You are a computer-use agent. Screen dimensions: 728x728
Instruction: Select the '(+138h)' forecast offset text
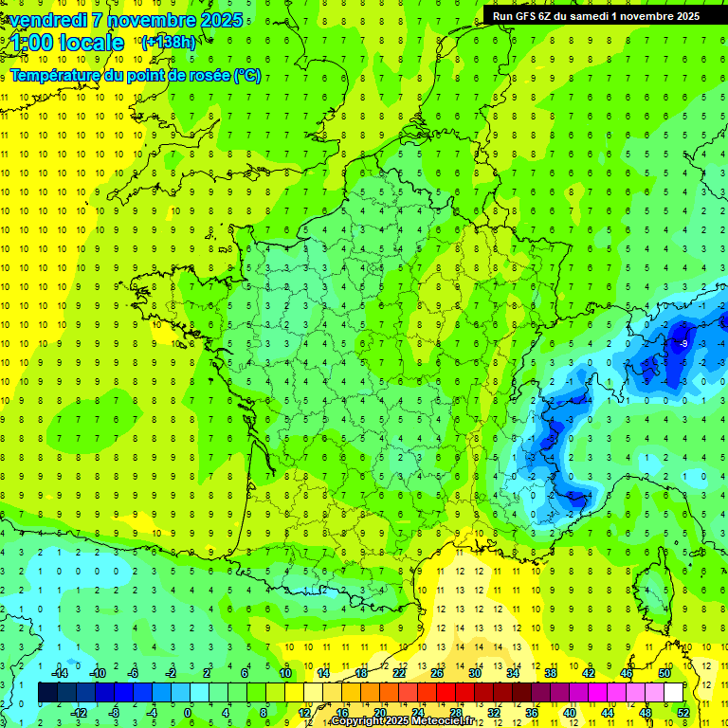168,42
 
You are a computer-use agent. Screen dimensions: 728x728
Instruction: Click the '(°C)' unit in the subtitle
247,76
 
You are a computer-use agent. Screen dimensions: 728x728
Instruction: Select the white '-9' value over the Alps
682,343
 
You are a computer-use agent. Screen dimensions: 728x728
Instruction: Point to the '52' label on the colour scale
683,713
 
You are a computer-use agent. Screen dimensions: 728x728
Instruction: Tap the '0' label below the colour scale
188,713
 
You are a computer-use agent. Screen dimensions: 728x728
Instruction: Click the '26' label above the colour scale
437,673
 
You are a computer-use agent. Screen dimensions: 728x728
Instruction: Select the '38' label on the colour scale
550,673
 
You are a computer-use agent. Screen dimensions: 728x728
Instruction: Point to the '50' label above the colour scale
664,673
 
